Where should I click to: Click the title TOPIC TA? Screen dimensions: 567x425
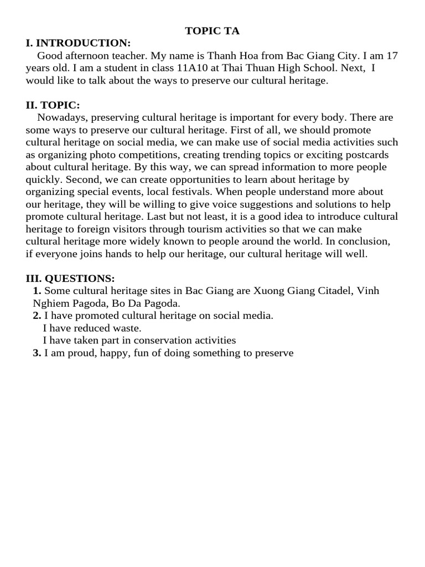tap(212, 31)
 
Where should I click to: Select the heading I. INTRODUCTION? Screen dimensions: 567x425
tap(78, 43)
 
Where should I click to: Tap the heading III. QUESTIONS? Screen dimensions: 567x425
tap(70, 278)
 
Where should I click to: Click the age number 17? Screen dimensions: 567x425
tap(392, 56)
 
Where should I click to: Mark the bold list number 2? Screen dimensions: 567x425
tap(37, 316)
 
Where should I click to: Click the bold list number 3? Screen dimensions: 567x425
tap(37, 353)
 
